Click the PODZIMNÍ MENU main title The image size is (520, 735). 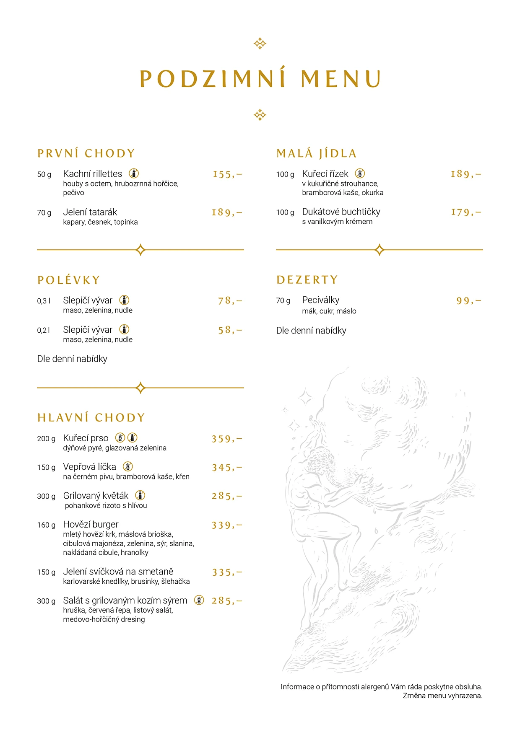point(260,78)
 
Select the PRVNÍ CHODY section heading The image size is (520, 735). point(86,153)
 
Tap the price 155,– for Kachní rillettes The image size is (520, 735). point(227,174)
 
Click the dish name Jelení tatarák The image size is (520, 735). point(90,212)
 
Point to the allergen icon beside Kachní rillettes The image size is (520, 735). point(134,173)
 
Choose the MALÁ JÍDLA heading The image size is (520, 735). point(316,153)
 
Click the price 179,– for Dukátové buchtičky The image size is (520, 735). point(466,212)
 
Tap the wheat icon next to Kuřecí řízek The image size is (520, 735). point(360,173)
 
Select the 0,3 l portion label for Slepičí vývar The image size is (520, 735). point(44,301)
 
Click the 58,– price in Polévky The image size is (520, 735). point(230,330)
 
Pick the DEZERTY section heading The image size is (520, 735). point(307,280)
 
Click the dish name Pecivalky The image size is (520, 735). point(321,300)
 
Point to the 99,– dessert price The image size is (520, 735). point(468,301)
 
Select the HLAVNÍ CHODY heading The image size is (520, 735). point(91,418)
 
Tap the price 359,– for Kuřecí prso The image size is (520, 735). point(226,439)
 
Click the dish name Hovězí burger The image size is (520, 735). point(91,525)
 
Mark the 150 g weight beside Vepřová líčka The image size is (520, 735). point(46,468)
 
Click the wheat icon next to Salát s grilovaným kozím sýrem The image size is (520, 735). point(199,600)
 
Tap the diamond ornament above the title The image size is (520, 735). point(260,44)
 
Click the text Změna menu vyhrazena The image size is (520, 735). point(442,696)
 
